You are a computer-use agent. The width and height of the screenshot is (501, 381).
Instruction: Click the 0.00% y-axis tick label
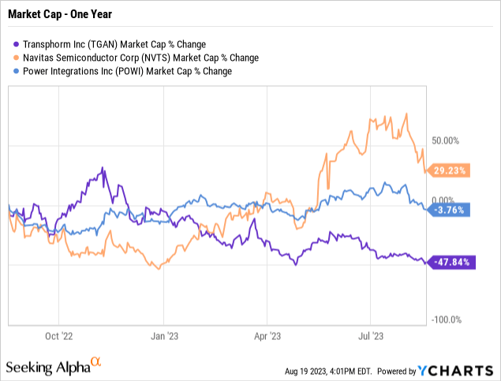(x=443, y=200)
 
